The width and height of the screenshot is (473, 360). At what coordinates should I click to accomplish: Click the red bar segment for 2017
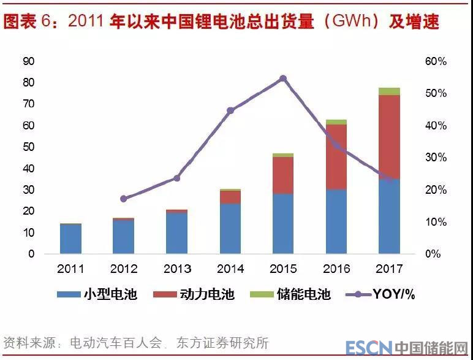pyautogui.click(x=389, y=137)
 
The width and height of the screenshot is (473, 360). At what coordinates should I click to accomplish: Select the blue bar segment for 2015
pyautogui.click(x=283, y=223)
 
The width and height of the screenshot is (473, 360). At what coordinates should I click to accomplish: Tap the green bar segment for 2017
pyautogui.click(x=389, y=91)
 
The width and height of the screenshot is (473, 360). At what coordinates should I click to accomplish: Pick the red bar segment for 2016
pyautogui.click(x=336, y=157)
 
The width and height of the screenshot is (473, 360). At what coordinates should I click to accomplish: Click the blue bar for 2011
pyautogui.click(x=71, y=239)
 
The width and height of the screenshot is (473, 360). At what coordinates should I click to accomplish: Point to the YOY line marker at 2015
pyautogui.click(x=283, y=79)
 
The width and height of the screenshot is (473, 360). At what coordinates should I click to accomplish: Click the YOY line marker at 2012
pyautogui.click(x=124, y=199)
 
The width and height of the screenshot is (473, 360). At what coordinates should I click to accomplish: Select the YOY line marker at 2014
pyautogui.click(x=230, y=111)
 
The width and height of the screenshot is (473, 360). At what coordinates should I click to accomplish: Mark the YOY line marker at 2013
pyautogui.click(x=177, y=178)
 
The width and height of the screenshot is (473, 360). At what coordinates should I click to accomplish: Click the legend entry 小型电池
pyautogui.click(x=98, y=294)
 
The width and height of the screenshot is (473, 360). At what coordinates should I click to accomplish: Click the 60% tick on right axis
pyautogui.click(x=436, y=61)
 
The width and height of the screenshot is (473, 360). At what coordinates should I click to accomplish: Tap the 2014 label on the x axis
pyautogui.click(x=230, y=269)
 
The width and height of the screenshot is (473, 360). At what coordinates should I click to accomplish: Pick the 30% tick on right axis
pyautogui.click(x=436, y=158)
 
